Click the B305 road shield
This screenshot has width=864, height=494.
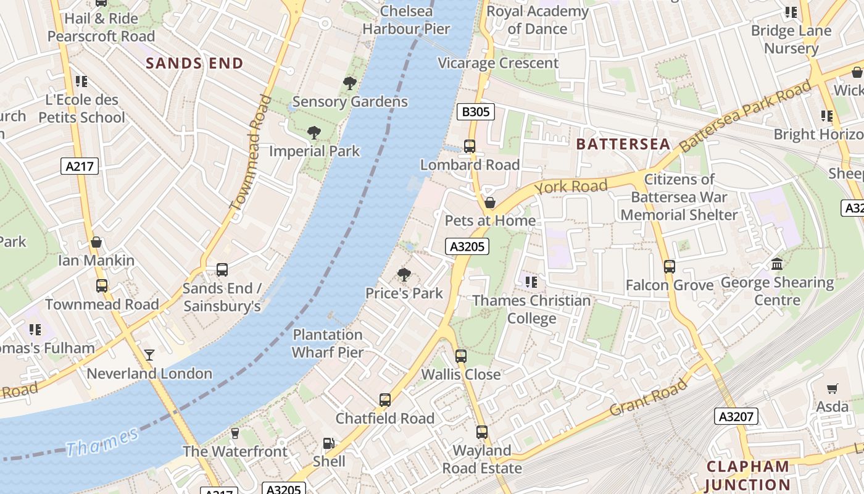(x=475, y=112)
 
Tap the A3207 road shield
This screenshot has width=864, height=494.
(x=736, y=416)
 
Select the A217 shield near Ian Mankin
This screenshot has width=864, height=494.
(x=80, y=165)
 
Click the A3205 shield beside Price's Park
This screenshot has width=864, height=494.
(x=467, y=246)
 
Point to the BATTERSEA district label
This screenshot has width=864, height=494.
(x=623, y=144)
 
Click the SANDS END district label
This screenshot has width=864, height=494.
(x=194, y=63)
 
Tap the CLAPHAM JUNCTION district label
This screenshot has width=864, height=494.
(x=747, y=475)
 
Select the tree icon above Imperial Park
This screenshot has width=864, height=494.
(x=314, y=132)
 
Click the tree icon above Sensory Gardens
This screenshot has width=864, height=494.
(x=350, y=83)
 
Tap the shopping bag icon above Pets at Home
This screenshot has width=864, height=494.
(x=490, y=203)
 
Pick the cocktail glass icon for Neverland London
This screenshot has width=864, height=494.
(x=149, y=355)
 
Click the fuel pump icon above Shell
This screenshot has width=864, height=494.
(x=329, y=443)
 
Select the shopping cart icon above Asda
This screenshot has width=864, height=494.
(x=833, y=388)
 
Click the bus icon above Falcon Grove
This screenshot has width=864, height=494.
(x=670, y=267)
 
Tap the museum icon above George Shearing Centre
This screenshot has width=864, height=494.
(x=777, y=264)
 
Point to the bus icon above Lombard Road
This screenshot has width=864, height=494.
(x=470, y=146)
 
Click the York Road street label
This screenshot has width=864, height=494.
(x=571, y=186)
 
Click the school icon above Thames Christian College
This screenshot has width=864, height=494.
(x=531, y=282)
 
